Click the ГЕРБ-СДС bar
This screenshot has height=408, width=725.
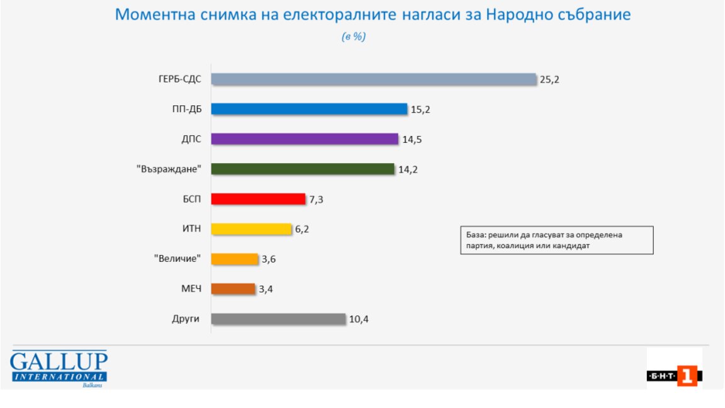point(373,79)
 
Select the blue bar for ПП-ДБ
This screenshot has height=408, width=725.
point(309,109)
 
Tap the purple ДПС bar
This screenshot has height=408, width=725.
point(305,139)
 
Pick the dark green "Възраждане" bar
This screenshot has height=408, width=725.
point(303,169)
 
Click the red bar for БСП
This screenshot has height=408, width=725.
point(258,199)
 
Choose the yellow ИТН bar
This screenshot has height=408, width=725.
point(251,229)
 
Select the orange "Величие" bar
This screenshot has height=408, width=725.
point(234,259)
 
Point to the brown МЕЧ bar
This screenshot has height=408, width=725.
point(233,289)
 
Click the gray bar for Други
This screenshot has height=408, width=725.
point(278,319)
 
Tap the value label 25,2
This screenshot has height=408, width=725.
point(549,79)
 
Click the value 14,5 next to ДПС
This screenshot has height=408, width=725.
point(412,139)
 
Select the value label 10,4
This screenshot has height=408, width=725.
point(359,319)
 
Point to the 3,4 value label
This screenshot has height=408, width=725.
point(267,290)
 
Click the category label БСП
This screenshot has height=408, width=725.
point(188,199)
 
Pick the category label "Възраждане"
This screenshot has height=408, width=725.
point(169,169)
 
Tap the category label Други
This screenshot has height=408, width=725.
point(186,319)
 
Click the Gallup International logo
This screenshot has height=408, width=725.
point(58,368)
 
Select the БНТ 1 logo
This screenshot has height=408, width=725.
point(674,376)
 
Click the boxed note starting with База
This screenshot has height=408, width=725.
point(556,240)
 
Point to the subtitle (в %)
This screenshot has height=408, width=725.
point(353,37)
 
